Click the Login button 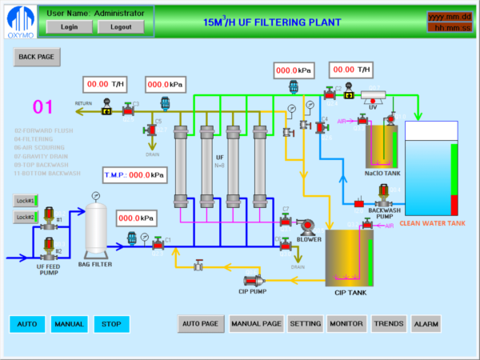pyautogui.click(x=69, y=26)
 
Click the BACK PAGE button pyautogui.click(x=37, y=58)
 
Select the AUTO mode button pyautogui.click(x=27, y=324)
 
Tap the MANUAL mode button pyautogui.click(x=69, y=324)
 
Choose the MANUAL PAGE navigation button pyautogui.click(x=256, y=324)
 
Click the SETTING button pyautogui.click(x=306, y=324)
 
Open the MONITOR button pyautogui.click(x=346, y=324)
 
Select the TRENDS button pyautogui.click(x=389, y=324)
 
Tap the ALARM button pyautogui.click(x=426, y=324)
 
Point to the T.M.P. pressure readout pyautogui.click(x=134, y=174)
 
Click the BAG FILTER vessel pyautogui.click(x=96, y=229)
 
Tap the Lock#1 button pyautogui.click(x=26, y=200)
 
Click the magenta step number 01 pyautogui.click(x=42, y=107)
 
